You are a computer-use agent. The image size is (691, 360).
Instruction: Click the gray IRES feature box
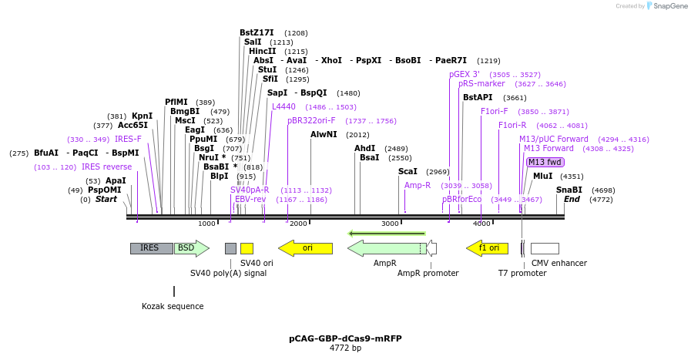151,248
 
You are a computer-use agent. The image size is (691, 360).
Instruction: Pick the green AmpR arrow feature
386,248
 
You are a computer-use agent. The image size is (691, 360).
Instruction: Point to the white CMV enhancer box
545,248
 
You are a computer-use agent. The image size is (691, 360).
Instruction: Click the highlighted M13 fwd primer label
545,162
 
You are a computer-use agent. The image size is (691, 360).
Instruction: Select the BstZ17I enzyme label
257,33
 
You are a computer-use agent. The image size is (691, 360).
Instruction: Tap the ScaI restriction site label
408,171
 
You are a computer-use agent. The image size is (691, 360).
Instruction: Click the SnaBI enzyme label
569,190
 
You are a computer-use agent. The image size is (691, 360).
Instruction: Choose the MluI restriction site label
542,176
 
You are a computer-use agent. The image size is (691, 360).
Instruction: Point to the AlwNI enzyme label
324,134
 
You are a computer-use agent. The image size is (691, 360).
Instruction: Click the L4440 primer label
283,106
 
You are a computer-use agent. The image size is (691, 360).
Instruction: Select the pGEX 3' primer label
465,74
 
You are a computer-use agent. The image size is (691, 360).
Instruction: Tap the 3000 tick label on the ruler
390,224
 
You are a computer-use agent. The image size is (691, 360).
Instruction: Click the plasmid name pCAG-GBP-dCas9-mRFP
345,338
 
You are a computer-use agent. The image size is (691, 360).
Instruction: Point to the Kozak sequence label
173,306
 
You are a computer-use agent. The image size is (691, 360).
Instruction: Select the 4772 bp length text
345,348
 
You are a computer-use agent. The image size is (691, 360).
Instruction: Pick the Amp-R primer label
418,185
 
